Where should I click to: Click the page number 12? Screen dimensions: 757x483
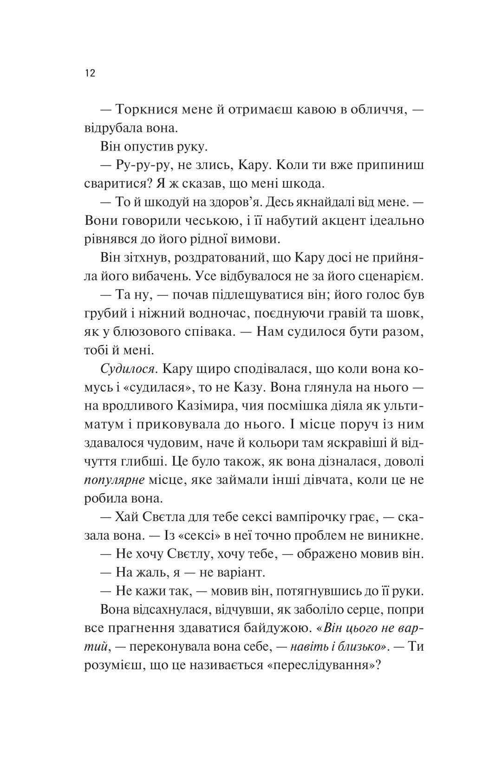coord(90,73)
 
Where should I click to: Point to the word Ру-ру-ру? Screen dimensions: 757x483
coord(140,165)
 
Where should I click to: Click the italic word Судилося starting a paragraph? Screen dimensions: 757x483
coord(127,370)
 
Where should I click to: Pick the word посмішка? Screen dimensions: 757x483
coord(303,407)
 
